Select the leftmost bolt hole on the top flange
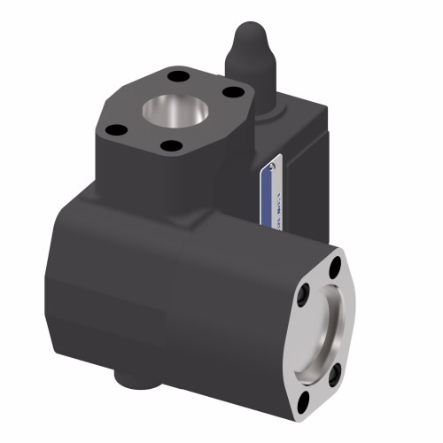(x=113, y=130)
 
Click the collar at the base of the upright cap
(x=258, y=105)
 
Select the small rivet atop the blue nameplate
(x=275, y=163)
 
